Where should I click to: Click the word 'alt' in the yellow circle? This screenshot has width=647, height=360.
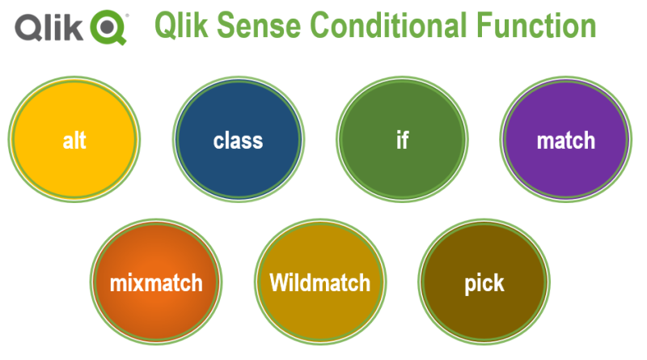tap(74, 141)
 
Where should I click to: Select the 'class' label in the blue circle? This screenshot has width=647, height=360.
tap(238, 141)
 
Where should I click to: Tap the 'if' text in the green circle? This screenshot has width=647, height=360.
tap(402, 140)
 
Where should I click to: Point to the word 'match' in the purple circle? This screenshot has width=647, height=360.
tap(565, 141)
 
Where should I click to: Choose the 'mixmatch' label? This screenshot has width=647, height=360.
tap(156, 283)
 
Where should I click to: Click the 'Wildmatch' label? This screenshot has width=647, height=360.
tap(319, 283)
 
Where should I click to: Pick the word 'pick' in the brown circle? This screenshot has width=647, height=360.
tap(484, 284)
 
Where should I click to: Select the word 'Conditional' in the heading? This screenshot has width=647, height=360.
tap(392, 27)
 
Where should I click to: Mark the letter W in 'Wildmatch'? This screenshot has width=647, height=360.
tap(279, 283)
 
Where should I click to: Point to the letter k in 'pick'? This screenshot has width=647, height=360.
tap(498, 283)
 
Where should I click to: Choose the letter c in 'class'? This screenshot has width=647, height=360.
tap(219, 142)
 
